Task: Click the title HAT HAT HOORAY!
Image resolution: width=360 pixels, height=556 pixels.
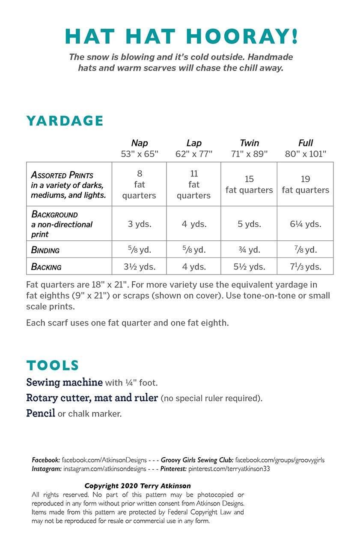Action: (181, 36)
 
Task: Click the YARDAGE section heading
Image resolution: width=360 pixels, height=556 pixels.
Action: (65, 121)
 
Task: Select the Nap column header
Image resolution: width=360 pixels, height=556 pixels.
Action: (140, 143)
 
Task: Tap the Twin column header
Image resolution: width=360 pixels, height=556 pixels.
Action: (249, 143)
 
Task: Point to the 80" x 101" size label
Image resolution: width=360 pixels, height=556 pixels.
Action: (305, 154)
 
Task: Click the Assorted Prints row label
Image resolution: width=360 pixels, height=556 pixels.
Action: (62, 175)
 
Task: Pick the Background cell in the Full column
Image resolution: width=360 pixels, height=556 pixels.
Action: (305, 224)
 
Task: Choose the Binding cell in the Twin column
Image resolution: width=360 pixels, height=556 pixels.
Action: (249, 250)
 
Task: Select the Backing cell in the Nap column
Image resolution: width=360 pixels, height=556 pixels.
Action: (140, 266)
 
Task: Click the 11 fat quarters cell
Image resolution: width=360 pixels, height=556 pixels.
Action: (194, 184)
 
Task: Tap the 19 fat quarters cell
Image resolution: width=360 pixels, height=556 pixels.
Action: (305, 184)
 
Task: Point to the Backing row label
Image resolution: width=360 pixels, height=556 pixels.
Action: (46, 267)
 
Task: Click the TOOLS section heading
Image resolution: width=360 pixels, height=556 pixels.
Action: (53, 365)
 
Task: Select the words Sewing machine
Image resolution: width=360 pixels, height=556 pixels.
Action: (64, 382)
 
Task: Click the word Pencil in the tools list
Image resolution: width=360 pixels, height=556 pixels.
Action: (41, 414)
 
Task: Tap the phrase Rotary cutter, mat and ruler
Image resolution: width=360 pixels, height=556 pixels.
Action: (92, 398)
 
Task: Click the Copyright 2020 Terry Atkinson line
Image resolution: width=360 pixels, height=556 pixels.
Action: (137, 486)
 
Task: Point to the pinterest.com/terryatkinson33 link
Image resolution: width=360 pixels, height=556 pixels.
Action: (229, 469)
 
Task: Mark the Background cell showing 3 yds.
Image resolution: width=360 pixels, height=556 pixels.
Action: (140, 224)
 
